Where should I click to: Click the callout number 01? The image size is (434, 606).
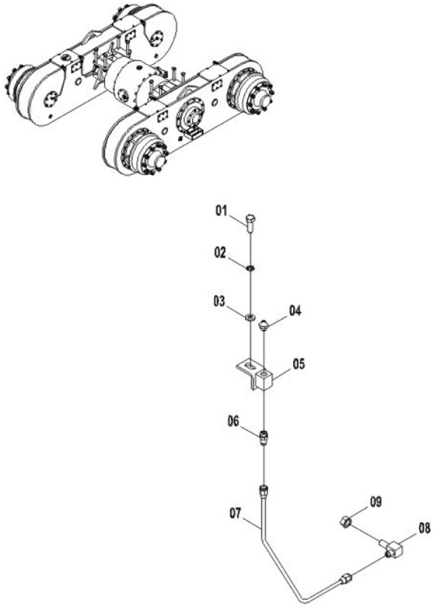221,211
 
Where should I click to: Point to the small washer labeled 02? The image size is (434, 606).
251,267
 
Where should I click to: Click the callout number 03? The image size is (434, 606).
219,302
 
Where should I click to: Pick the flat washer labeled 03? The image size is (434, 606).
250,317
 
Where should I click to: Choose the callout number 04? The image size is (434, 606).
295,311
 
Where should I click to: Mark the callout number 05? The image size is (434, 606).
299,364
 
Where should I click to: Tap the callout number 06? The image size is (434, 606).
234,421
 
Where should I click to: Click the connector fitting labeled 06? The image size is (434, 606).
263,438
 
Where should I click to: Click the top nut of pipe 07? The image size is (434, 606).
264,491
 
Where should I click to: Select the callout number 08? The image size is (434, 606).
425,529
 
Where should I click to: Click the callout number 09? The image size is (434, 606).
375,502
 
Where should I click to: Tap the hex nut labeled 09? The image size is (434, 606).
345,523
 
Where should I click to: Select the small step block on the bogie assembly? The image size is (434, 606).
193,133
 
